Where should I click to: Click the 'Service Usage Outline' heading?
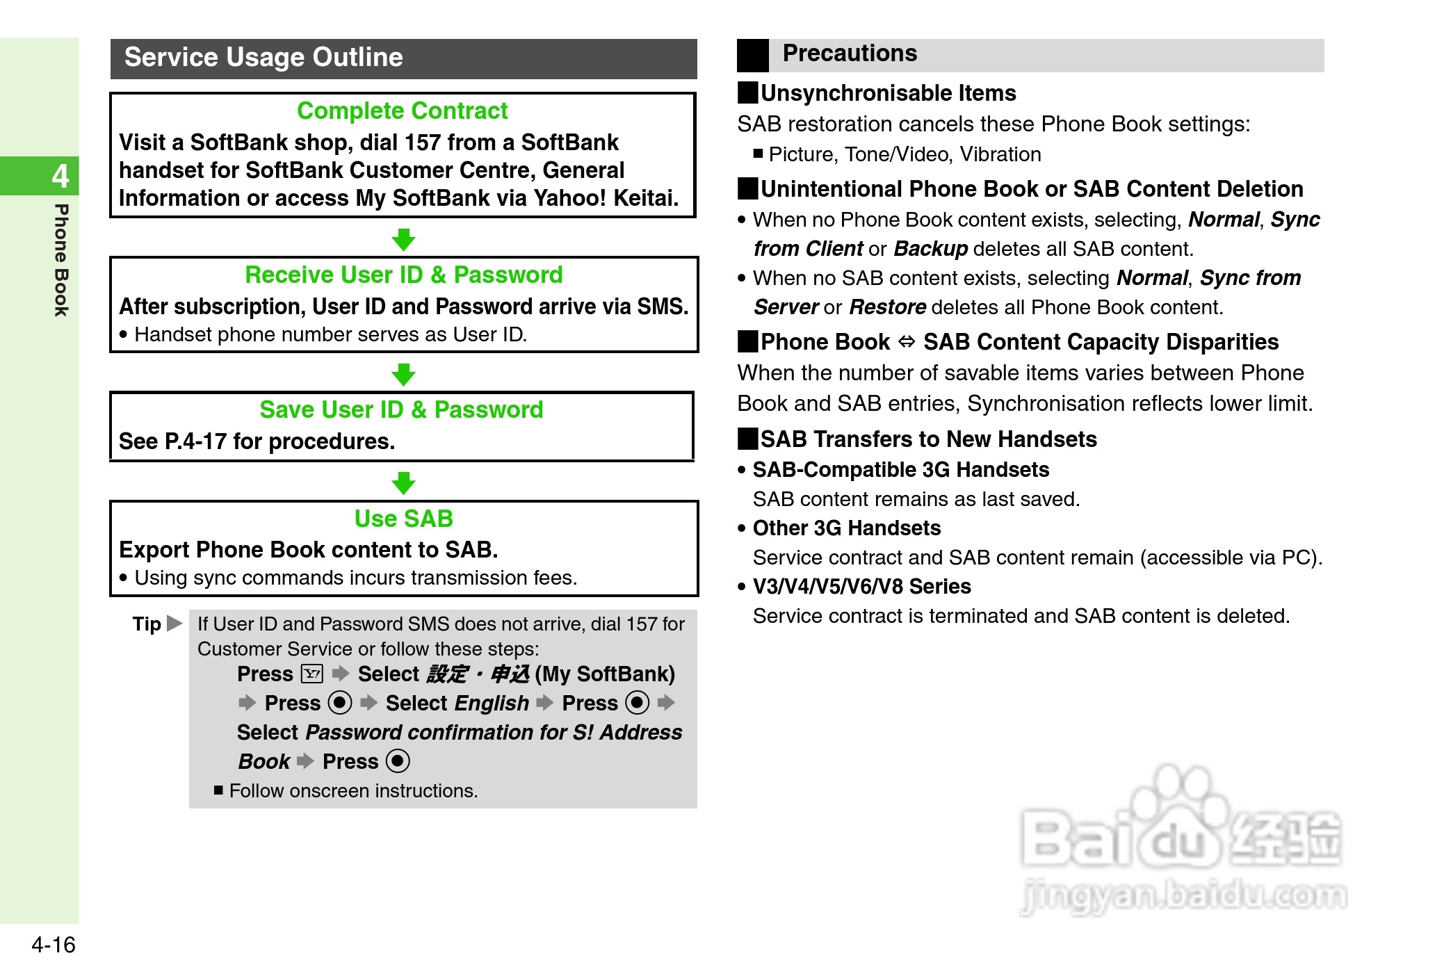[264, 58]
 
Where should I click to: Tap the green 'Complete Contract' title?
[402, 111]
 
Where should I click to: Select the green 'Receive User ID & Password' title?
[403, 275]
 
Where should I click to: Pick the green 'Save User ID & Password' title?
[401, 410]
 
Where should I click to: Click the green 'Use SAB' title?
[403, 519]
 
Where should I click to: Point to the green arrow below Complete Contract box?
[403, 240]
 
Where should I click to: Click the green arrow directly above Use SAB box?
[403, 483]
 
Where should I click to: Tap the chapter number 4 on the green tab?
[60, 176]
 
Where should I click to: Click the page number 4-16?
[53, 945]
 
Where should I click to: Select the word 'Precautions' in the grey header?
[850, 54]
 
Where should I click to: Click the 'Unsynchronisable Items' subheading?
[888, 93]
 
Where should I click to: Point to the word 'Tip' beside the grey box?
[147, 624]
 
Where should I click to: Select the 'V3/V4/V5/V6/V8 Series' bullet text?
[861, 587]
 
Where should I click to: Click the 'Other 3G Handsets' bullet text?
[846, 528]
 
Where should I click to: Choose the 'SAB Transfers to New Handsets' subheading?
[928, 439]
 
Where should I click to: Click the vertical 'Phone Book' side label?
[61, 260]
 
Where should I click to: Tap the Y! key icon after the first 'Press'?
[312, 674]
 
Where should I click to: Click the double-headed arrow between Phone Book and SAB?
[907, 342]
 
